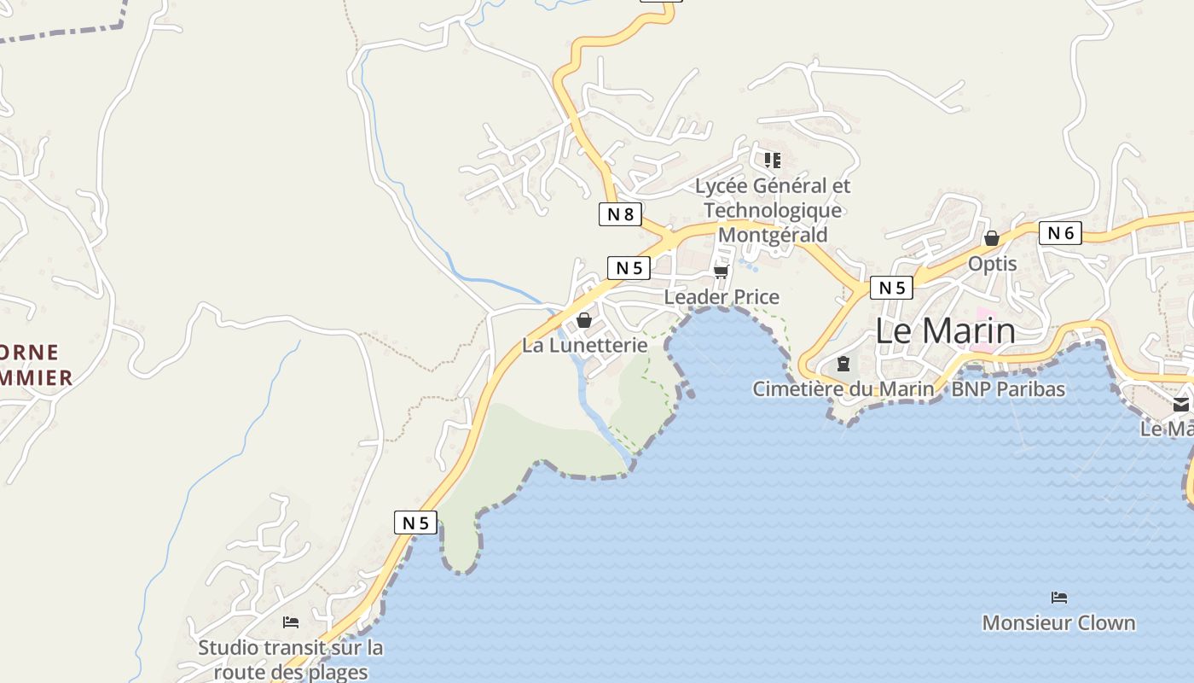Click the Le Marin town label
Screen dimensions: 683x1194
(945, 331)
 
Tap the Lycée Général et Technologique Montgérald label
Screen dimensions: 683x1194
(773, 210)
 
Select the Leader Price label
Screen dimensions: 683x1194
(722, 297)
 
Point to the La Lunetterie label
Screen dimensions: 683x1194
(584, 346)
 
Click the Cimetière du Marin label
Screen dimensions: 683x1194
(843, 389)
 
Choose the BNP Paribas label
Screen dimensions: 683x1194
(1008, 389)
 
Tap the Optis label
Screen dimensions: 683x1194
(992, 264)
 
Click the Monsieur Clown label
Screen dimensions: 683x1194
(1058, 623)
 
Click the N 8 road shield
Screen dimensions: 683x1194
(620, 214)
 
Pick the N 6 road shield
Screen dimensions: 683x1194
(1060, 233)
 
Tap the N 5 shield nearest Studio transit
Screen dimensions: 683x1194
(415, 522)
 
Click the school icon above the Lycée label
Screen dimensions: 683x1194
(773, 160)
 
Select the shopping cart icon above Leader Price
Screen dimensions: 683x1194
(721, 271)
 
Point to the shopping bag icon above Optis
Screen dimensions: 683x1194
(991, 238)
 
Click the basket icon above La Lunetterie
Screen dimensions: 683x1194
(584, 320)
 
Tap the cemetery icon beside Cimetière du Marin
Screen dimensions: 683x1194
(843, 364)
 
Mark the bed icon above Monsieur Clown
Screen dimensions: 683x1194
(1059, 597)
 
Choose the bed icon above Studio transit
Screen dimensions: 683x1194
(291, 622)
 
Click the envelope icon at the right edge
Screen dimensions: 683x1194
(1181, 405)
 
